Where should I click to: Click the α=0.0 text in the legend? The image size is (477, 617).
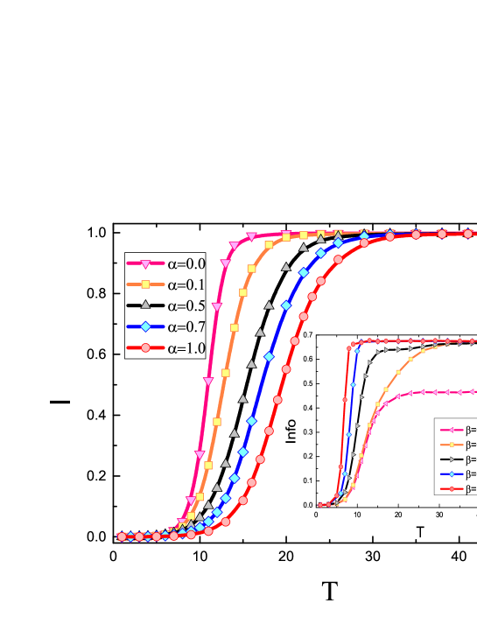pos(186,263)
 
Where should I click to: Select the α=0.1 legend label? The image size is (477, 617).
pos(186,284)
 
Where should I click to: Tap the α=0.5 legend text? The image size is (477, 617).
pos(186,305)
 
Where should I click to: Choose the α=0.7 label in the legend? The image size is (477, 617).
pos(186,326)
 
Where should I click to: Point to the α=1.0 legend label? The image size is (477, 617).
pos(186,348)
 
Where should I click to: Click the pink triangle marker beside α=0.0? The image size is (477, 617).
pos(146,263)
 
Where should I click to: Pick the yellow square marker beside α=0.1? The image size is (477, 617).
pos(146,284)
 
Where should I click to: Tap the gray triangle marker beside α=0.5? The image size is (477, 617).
pos(146,305)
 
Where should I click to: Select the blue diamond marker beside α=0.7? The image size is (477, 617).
pos(146,326)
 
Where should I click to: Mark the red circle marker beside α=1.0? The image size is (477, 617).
pos(146,348)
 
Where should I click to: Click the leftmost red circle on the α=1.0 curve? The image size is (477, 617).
pos(123,536)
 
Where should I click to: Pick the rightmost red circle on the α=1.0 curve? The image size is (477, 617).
pos(468,234)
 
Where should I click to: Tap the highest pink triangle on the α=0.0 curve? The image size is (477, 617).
pos(251,237)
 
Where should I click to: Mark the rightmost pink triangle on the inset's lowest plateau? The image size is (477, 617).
pos(473,391)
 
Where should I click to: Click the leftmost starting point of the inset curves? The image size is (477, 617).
pos(321,505)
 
